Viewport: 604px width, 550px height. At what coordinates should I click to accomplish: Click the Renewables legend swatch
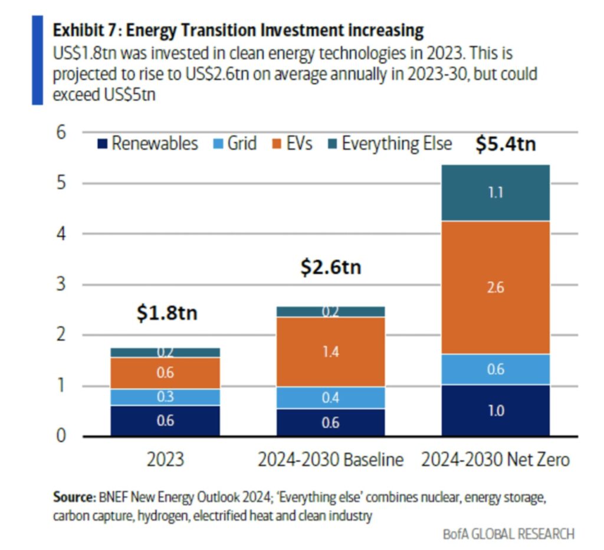(x=103, y=144)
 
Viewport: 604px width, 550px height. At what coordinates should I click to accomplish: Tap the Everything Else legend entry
(x=389, y=144)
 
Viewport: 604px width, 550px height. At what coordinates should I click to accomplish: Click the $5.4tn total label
(x=505, y=143)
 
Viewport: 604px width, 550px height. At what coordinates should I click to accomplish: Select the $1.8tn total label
(x=167, y=312)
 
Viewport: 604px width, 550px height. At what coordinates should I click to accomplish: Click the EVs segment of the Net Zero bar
(x=495, y=288)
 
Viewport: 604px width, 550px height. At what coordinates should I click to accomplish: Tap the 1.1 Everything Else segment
(x=495, y=193)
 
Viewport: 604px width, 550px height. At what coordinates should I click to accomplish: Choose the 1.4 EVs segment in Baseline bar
(x=330, y=352)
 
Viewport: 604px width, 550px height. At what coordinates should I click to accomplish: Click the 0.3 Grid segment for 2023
(x=166, y=397)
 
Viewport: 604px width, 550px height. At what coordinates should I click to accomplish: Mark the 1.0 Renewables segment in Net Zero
(x=495, y=411)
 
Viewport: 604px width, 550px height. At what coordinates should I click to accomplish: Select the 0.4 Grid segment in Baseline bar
(x=330, y=398)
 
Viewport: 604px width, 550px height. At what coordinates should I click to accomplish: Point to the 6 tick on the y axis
(x=60, y=132)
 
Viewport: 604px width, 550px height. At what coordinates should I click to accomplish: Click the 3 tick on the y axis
(x=60, y=285)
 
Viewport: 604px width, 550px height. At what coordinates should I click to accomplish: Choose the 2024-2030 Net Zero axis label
(x=495, y=460)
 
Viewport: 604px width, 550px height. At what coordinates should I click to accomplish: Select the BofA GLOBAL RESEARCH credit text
(x=508, y=534)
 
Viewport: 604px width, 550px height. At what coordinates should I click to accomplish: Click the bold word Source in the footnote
(x=71, y=498)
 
